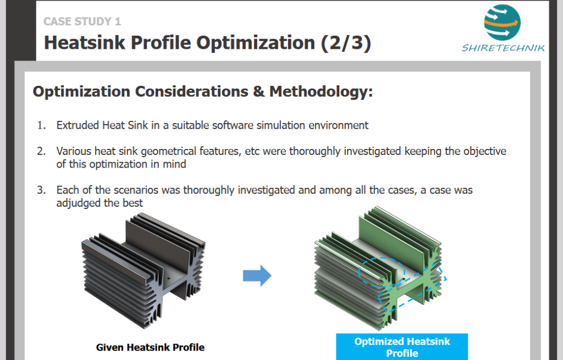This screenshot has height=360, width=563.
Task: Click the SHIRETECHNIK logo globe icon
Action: coord(501,23)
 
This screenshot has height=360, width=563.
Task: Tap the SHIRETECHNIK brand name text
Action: coord(503,48)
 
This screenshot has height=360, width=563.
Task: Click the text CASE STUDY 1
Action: coord(82,21)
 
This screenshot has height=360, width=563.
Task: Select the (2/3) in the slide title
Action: coord(346,43)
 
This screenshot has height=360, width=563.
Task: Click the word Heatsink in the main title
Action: coord(85,43)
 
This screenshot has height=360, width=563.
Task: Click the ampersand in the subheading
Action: coord(258,92)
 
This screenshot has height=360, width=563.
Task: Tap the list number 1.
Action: coord(41,125)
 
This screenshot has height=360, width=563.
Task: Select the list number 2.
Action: coord(41,151)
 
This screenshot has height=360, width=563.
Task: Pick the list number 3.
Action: coord(41,190)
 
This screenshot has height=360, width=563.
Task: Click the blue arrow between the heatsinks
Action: coord(257,276)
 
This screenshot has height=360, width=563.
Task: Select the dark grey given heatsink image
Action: coord(143,269)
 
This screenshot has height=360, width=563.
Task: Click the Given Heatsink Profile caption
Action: coord(150,347)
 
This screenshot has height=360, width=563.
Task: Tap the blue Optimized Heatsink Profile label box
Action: coord(402,347)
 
